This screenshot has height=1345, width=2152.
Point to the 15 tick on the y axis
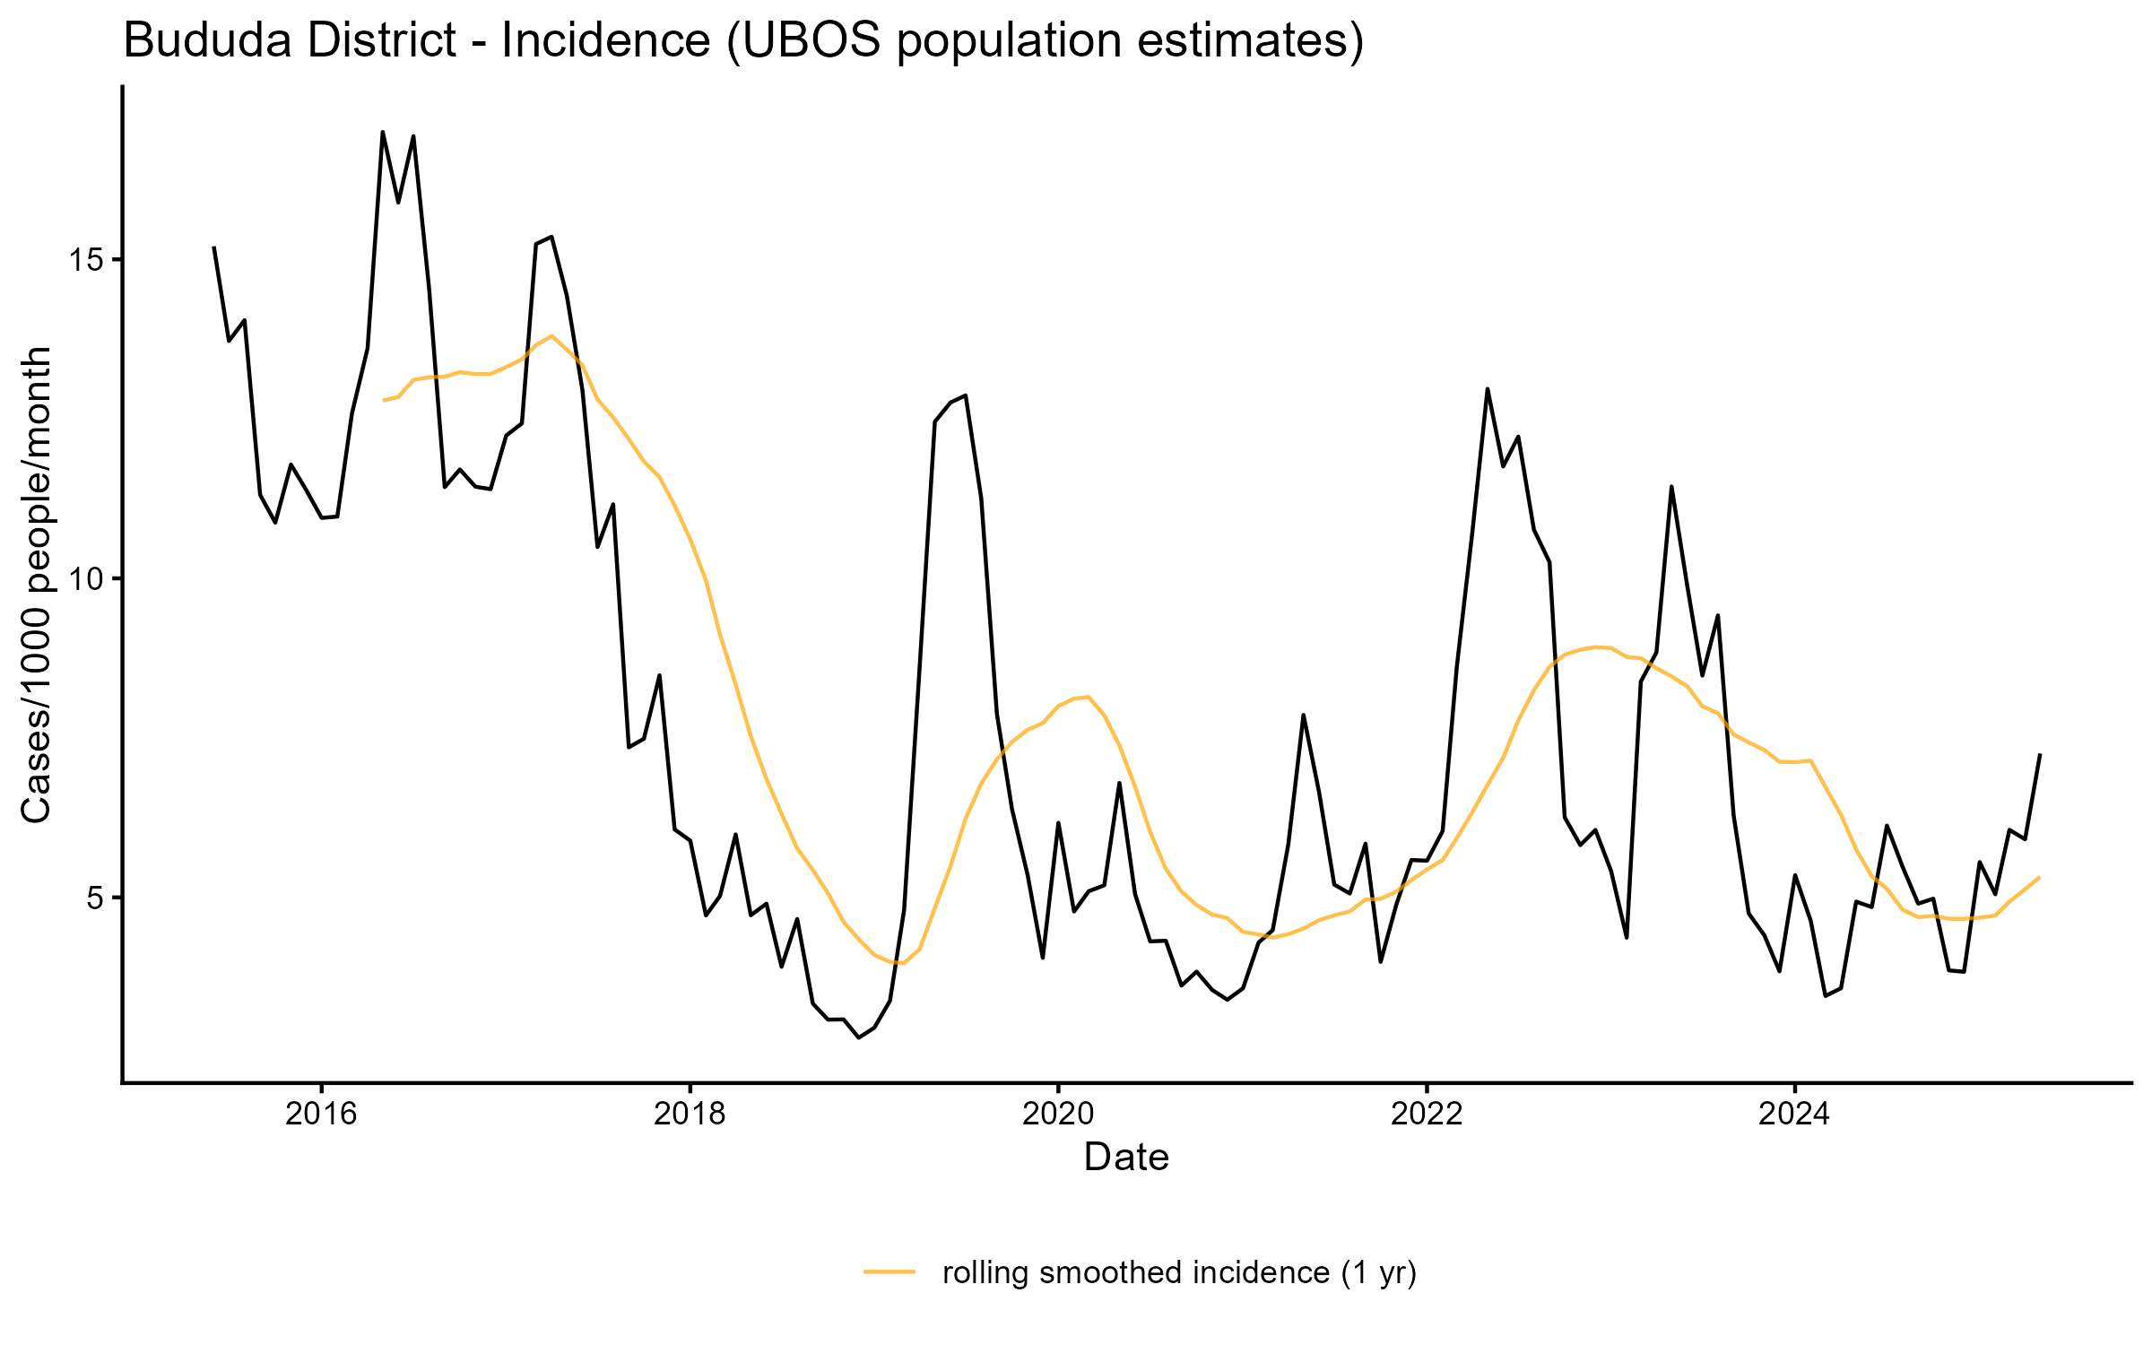[86, 261]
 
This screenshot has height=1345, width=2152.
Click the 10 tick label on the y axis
[86, 579]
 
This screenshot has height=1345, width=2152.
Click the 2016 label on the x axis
[321, 1115]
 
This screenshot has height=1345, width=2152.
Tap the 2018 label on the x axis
[690, 1115]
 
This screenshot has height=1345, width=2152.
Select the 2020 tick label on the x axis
[1058, 1115]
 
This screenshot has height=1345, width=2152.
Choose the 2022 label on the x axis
[1426, 1115]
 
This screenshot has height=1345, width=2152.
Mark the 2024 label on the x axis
[1794, 1115]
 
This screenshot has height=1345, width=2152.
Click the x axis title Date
[1126, 1158]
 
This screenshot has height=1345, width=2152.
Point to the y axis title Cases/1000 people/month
[36, 585]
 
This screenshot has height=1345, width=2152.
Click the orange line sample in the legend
[889, 1271]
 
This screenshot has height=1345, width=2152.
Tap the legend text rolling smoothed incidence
[1179, 1272]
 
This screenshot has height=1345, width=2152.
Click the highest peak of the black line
[383, 133]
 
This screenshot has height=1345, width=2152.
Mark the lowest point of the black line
[859, 1037]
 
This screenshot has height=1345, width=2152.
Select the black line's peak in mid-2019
[965, 395]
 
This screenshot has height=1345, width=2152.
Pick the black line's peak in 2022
[1488, 389]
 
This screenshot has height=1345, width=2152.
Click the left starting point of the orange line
[384, 400]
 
